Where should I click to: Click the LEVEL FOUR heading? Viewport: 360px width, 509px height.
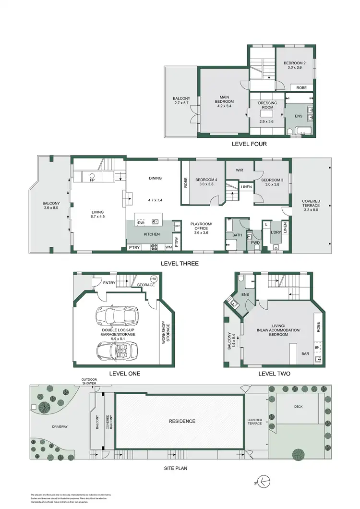click(249, 144)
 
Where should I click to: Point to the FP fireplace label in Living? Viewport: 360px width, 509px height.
click(93, 181)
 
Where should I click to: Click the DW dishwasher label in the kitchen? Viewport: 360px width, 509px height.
click(141, 223)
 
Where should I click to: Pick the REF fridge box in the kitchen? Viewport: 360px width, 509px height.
click(177, 226)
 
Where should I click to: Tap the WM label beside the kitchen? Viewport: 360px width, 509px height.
click(168, 247)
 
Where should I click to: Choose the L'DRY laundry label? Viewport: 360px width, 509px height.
click(276, 232)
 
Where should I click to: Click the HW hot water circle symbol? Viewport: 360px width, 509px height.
click(154, 279)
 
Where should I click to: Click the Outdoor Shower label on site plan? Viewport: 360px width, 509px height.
click(89, 381)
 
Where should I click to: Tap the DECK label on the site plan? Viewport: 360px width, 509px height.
click(298, 406)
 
